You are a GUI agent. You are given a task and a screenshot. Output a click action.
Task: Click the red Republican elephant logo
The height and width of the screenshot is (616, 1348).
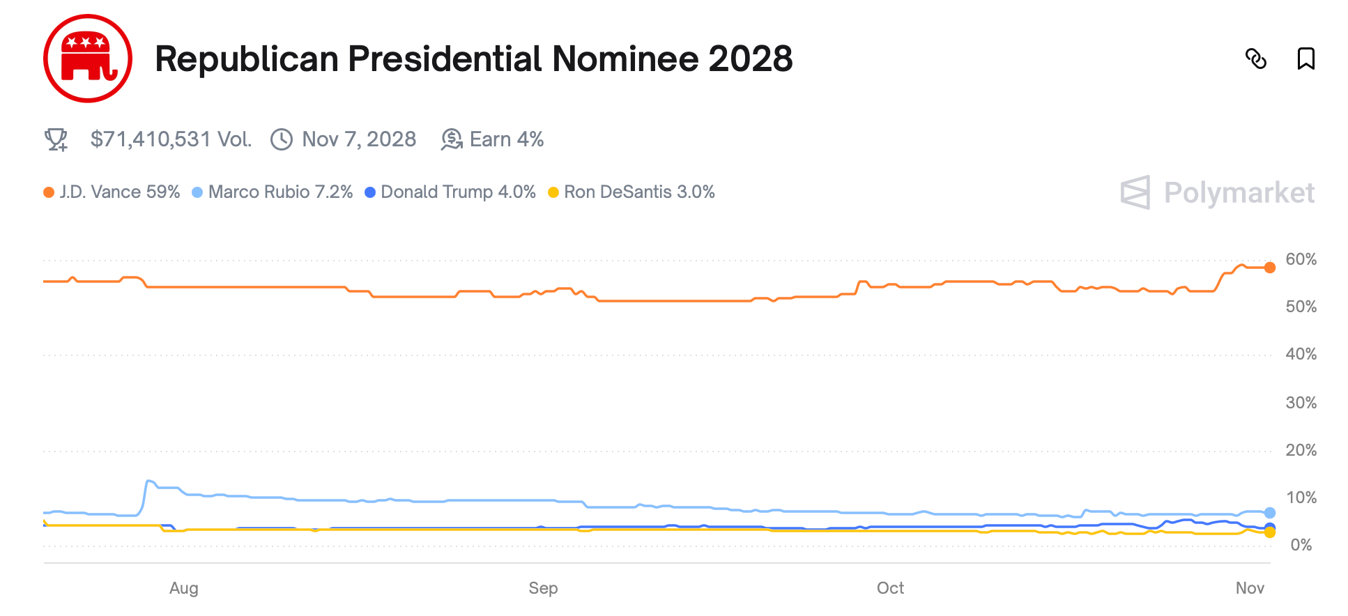[88, 59]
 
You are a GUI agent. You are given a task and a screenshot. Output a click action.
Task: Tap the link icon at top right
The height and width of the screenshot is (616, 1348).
[1255, 59]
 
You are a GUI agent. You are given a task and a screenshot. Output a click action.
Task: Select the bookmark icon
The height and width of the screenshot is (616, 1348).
[1305, 59]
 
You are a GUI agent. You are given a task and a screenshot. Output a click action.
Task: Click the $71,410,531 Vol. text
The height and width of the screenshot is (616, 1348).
[171, 139]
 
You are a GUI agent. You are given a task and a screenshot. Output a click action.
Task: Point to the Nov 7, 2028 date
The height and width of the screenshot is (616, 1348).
[358, 139]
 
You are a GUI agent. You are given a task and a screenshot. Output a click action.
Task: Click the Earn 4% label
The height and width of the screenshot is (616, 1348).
[506, 139]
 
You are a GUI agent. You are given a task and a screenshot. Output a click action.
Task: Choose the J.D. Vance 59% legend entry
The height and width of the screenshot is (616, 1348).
[119, 192]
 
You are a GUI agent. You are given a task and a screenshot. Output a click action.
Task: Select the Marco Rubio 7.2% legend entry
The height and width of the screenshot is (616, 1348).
[280, 192]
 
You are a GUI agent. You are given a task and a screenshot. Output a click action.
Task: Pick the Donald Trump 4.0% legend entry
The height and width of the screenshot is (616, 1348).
[457, 192]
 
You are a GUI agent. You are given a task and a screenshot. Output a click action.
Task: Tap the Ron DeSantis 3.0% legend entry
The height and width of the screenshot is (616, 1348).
[638, 192]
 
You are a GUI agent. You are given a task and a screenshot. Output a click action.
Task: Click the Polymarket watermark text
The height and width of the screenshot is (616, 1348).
[1239, 193]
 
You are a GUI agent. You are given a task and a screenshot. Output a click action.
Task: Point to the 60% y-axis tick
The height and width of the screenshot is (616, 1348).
[1301, 259]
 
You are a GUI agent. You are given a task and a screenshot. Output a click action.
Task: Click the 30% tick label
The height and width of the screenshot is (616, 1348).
[1301, 403]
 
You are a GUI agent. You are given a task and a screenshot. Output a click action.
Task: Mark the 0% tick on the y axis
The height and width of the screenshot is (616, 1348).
[1301, 545]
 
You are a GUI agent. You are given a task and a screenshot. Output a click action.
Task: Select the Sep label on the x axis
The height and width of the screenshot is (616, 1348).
[543, 588]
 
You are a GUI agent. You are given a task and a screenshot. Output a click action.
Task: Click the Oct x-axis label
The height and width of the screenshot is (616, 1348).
[890, 588]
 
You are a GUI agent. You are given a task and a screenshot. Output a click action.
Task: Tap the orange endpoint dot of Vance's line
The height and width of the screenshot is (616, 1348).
[1270, 268]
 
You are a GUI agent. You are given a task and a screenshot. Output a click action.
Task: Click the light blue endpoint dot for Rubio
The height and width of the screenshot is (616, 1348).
[1270, 513]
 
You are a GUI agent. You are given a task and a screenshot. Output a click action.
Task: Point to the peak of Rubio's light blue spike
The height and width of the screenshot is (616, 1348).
[148, 481]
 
